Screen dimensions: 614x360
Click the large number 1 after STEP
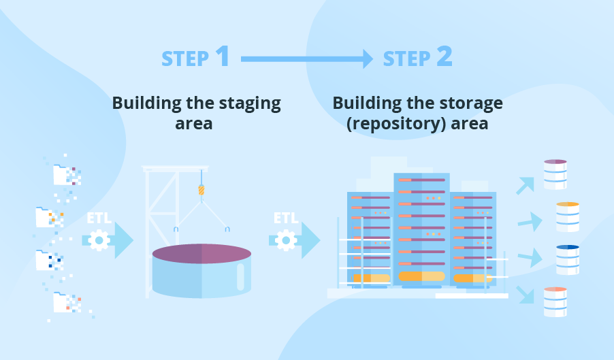tap(223, 56)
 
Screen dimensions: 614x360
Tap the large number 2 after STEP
tap(445, 56)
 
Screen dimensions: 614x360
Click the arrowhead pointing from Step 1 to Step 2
tap(368, 59)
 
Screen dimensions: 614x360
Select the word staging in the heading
tap(249, 104)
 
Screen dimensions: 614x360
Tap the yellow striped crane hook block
tap(201, 190)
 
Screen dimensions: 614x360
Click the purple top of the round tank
tap(201, 254)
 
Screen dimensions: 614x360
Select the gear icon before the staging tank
tap(99, 240)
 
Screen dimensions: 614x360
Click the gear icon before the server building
tap(286, 240)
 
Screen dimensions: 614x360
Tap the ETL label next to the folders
tap(99, 218)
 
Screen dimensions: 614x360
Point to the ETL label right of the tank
tap(286, 218)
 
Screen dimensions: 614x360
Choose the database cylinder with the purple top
tap(555, 174)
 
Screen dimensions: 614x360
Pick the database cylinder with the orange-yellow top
tap(568, 217)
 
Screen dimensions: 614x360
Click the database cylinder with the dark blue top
tap(568, 260)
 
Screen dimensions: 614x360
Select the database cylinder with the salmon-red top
tap(555, 302)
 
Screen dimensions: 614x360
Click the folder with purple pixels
tap(67, 175)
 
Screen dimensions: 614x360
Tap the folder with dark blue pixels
tap(50, 260)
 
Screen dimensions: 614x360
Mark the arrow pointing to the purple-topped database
tap(526, 186)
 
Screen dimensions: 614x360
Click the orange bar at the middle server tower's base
tap(422, 276)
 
